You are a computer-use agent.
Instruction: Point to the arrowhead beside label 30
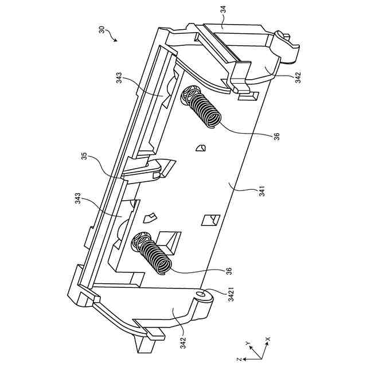[x=116, y=41]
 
